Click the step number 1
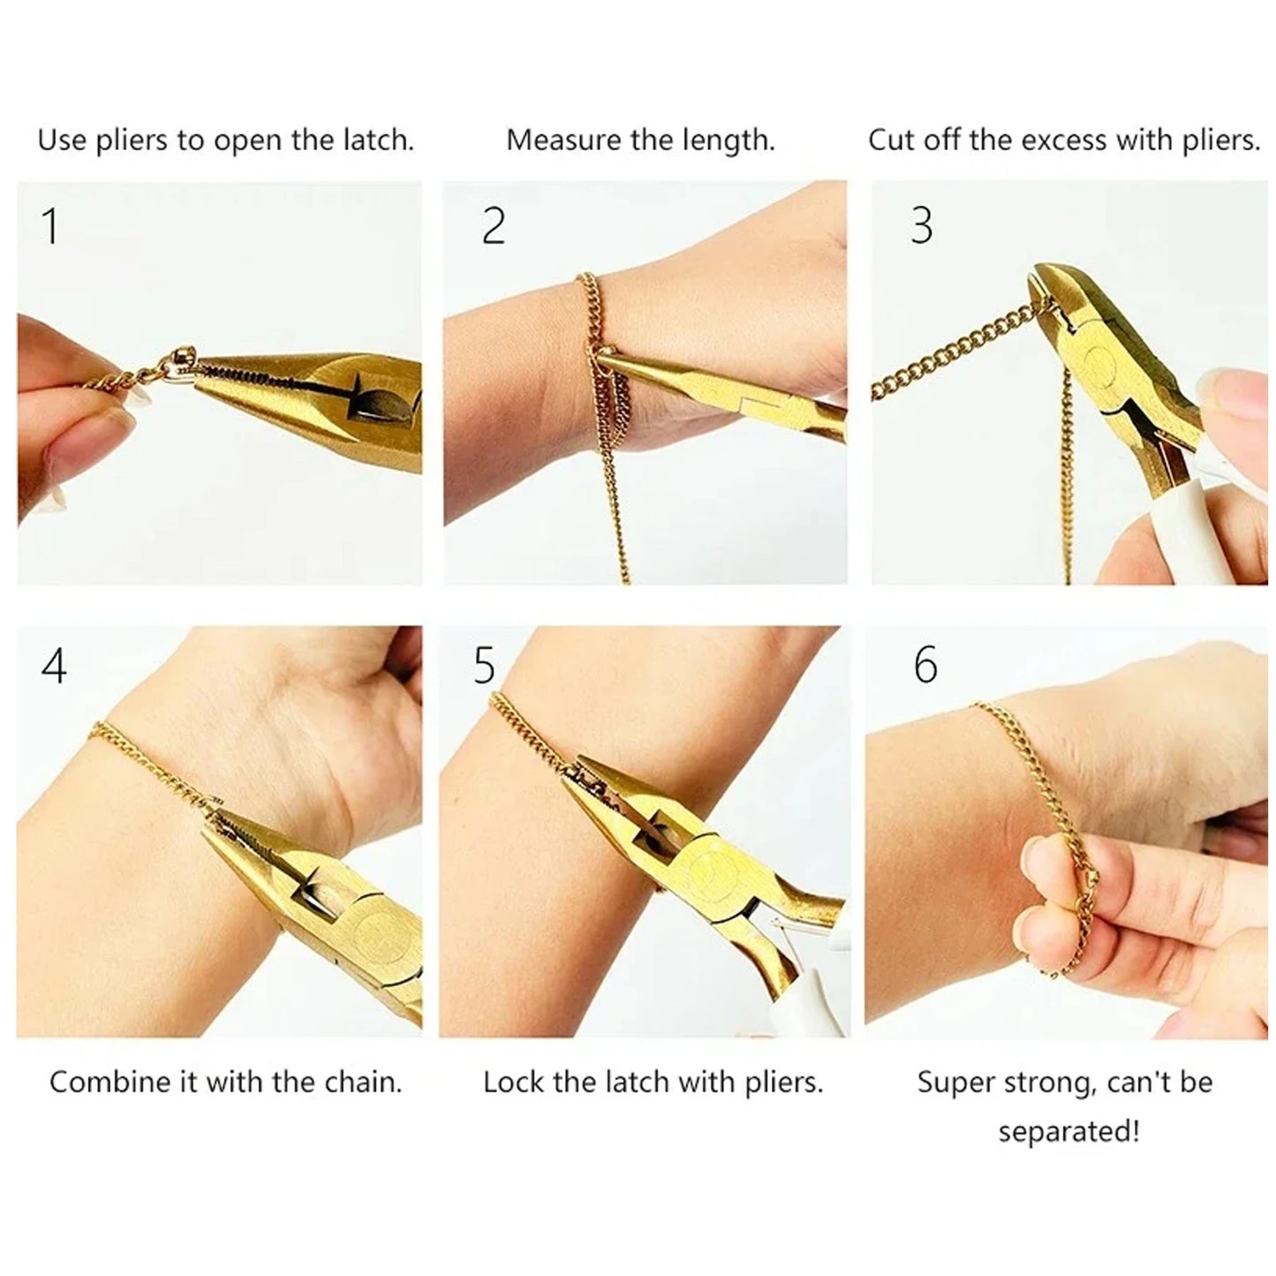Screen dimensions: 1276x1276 (x=50, y=226)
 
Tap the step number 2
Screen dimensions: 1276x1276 (x=493, y=226)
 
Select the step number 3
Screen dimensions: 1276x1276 (x=921, y=226)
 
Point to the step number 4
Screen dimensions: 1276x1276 (x=54, y=665)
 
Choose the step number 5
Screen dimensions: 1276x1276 (x=484, y=665)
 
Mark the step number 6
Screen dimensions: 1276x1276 (x=925, y=665)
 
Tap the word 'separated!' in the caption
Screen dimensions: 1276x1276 (x=1068, y=1130)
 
